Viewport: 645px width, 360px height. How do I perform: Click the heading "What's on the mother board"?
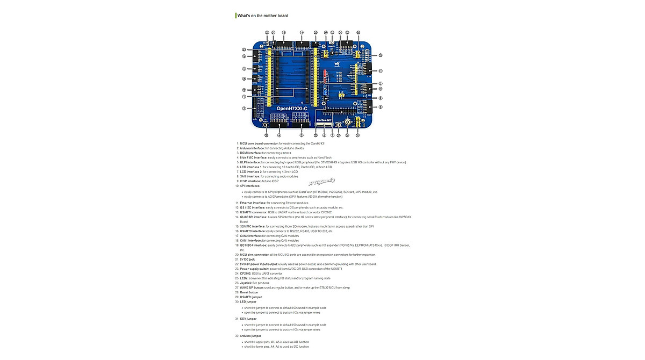click(263, 16)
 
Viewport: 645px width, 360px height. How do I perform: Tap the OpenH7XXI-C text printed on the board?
click(292, 109)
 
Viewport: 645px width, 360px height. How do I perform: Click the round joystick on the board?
click(348, 122)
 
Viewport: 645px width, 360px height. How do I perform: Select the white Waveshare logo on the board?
click(338, 63)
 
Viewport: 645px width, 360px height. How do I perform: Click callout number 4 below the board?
click(279, 135)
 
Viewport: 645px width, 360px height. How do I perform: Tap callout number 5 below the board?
click(302, 135)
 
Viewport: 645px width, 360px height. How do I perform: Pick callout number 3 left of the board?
click(244, 109)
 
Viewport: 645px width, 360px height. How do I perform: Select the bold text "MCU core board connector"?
click(259, 143)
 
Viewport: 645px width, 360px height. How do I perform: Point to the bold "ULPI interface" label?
click(250, 162)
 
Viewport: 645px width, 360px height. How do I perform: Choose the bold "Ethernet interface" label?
click(253, 203)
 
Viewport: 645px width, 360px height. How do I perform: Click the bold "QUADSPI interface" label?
click(254, 217)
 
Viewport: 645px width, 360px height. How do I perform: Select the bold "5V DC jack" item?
click(247, 259)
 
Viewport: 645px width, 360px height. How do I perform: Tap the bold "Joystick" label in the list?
click(246, 283)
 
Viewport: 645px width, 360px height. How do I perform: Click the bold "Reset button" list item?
click(249, 292)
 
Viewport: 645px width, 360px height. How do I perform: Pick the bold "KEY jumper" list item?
click(248, 319)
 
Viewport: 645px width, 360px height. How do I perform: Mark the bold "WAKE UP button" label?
click(252, 287)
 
